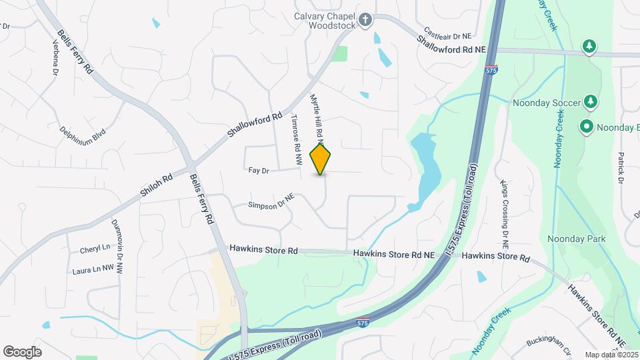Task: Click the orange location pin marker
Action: [321, 159]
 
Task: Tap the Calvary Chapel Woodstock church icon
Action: [365, 21]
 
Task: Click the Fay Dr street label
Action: [258, 171]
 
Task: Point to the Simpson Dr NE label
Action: [271, 202]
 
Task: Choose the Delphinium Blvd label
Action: [83, 137]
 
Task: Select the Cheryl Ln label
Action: [95, 249]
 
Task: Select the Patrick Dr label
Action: [620, 167]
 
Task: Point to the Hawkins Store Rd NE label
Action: [393, 254]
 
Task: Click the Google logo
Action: [22, 351]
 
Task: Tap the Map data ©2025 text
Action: [611, 355]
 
